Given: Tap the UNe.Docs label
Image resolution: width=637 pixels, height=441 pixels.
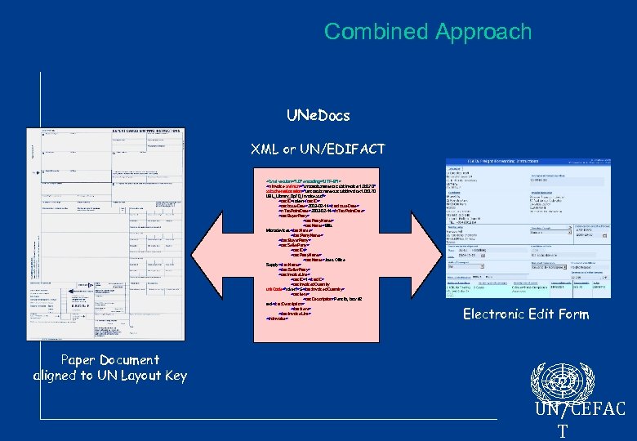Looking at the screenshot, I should [x=318, y=115].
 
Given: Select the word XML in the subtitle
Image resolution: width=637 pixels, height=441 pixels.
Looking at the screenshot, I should [x=267, y=149].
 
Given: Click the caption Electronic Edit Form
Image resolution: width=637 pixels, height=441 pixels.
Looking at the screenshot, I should [x=524, y=314].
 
